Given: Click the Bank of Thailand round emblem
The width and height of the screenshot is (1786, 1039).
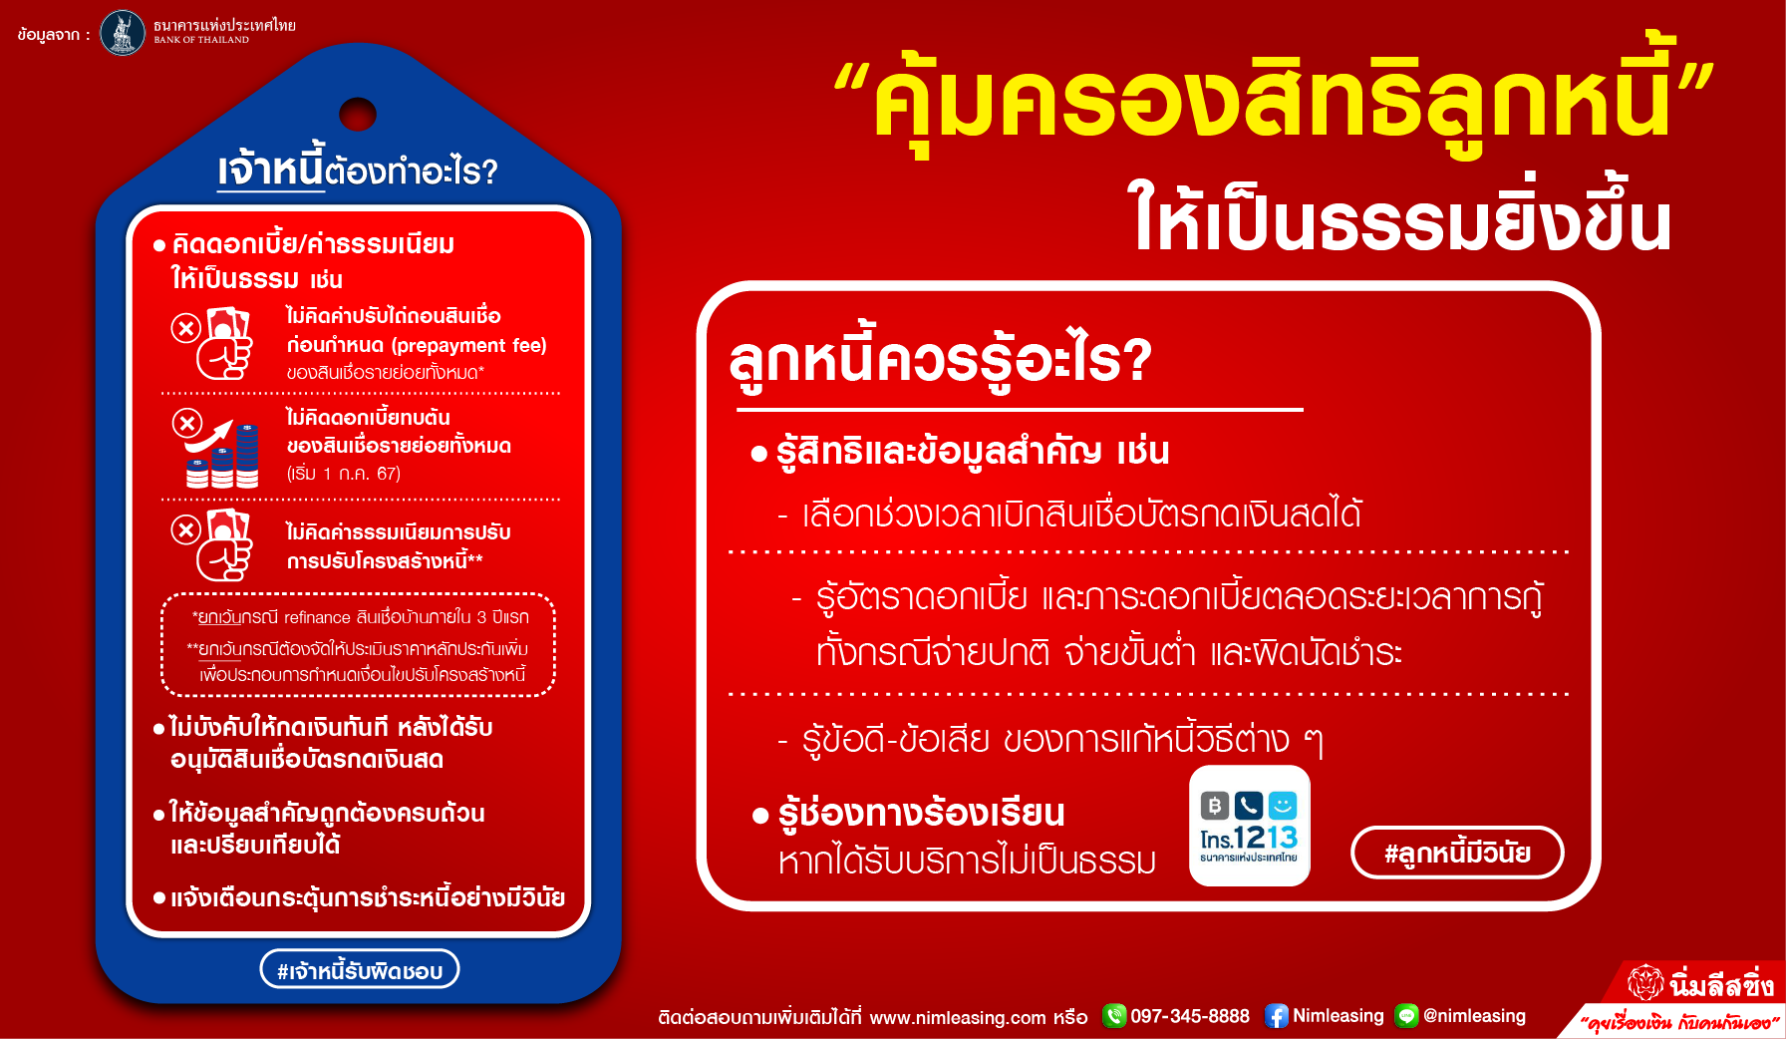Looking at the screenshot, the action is click(x=123, y=33).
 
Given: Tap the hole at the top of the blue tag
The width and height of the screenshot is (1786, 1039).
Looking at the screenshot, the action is click(x=358, y=115).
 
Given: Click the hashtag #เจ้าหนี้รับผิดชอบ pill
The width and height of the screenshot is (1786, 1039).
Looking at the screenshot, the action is click(x=360, y=969).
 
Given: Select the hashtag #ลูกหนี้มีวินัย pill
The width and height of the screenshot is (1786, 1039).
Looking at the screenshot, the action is click(x=1457, y=853).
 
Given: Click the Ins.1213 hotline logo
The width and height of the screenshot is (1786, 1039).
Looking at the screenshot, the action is click(x=1250, y=826).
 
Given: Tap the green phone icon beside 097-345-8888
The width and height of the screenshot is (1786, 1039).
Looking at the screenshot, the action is click(x=1114, y=1016).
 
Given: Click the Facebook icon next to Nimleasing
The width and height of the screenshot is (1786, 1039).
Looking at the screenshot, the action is click(x=1276, y=1016).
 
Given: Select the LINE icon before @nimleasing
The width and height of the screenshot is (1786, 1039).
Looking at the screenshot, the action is click(x=1406, y=1016).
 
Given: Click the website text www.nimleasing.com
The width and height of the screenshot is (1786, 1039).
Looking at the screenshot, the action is click(x=958, y=1017).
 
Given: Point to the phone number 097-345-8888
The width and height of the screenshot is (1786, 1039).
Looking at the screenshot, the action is click(x=1190, y=1016).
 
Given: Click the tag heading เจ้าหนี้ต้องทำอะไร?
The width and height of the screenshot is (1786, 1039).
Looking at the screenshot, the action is click(x=358, y=169).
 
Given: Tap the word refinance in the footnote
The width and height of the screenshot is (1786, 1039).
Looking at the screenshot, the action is click(x=317, y=618).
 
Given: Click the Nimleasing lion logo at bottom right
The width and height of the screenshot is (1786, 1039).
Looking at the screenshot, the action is click(x=1645, y=983).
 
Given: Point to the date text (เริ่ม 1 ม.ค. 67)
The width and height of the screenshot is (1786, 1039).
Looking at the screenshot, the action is click(x=344, y=474).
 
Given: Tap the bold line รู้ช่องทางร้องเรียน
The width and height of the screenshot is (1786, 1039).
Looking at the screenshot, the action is click(x=921, y=814).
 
